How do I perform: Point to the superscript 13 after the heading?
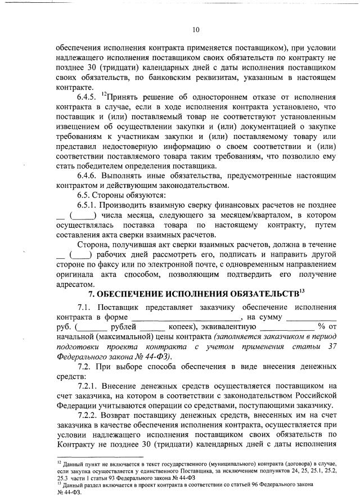301,291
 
